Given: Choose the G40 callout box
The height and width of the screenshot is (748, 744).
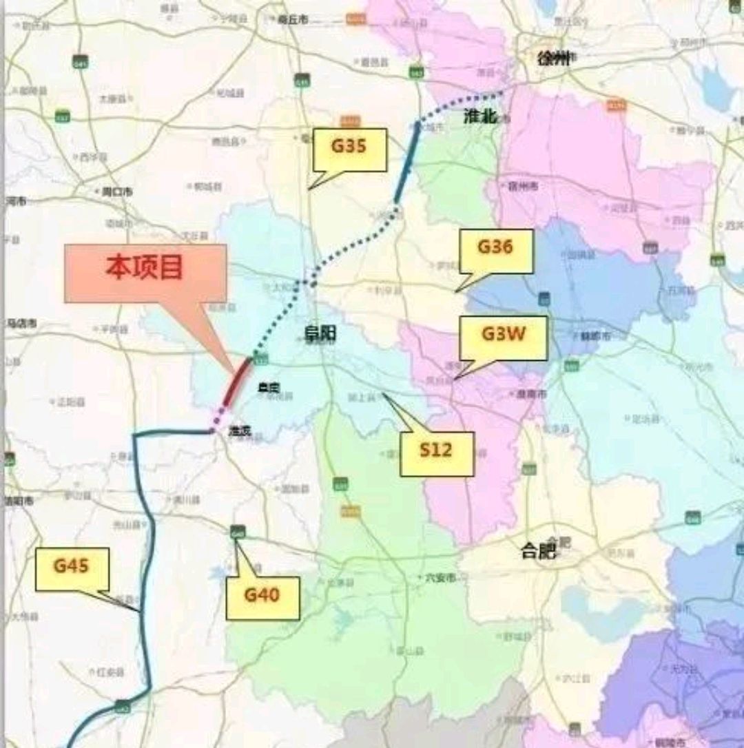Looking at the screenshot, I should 262,597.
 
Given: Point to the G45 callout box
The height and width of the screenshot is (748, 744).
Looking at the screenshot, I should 72,569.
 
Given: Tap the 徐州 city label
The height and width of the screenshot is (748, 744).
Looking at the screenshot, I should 555,59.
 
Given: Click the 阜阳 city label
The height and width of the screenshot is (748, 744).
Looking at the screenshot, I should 321,334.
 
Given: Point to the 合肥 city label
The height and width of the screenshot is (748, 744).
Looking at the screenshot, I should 539,550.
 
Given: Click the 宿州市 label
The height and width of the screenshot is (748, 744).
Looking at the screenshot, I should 523,186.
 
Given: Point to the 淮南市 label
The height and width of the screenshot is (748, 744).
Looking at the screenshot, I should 531,394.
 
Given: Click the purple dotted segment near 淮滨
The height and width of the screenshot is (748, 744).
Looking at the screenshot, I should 219,418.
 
